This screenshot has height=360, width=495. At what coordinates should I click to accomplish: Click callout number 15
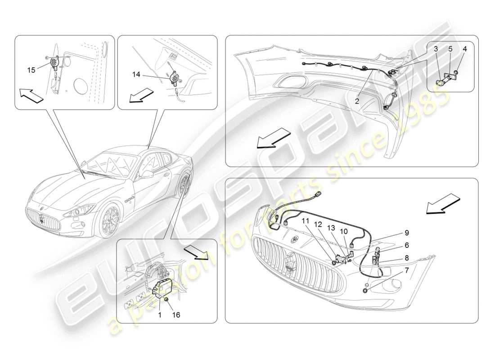pyautogui.click(x=31, y=70)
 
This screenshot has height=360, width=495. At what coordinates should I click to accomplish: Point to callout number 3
pyautogui.click(x=465, y=48)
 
